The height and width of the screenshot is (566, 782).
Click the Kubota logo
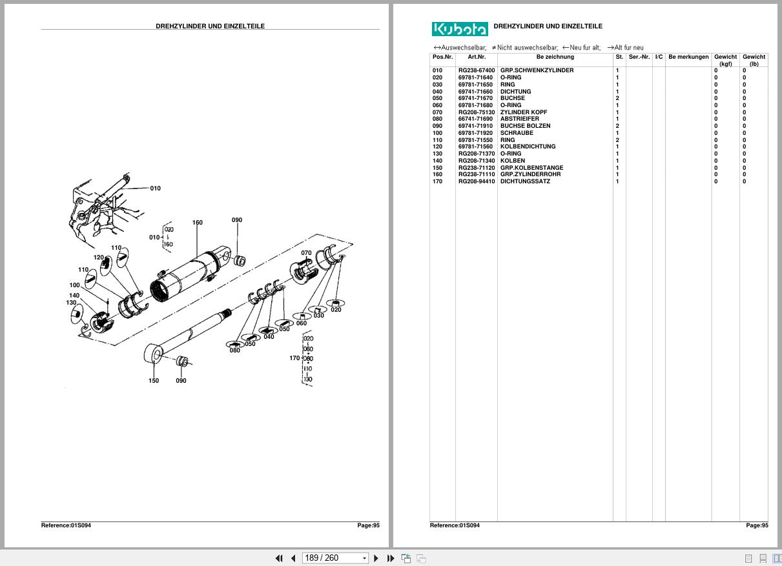[x=460, y=29]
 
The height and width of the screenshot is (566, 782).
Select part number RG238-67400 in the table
[x=477, y=70]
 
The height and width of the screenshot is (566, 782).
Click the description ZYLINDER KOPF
[x=523, y=112]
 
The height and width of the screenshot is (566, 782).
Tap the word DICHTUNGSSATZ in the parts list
[x=525, y=181]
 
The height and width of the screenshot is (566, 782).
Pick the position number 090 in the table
[x=438, y=126]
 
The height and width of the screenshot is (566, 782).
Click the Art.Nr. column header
[x=477, y=57]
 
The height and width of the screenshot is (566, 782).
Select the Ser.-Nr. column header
[x=639, y=57]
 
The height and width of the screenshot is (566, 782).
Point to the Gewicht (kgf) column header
[x=725, y=60]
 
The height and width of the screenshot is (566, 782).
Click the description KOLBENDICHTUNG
[x=528, y=147]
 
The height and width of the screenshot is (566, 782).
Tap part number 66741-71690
[x=475, y=119]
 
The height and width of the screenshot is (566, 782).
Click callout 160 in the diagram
[x=197, y=223]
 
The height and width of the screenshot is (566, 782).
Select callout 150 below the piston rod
[x=154, y=381]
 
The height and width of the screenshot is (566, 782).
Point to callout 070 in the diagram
[x=306, y=253]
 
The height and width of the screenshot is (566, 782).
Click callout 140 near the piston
[x=74, y=296]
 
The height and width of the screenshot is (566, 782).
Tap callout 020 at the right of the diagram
[x=336, y=310]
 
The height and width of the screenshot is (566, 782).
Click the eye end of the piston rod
[x=154, y=354]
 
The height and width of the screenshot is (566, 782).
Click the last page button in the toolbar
[x=391, y=558]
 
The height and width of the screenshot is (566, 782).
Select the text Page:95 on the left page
[x=368, y=525]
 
